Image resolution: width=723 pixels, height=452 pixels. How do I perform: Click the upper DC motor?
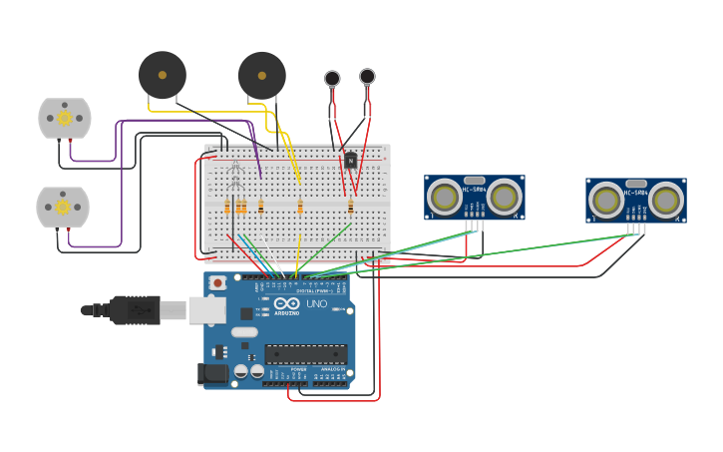(65, 118)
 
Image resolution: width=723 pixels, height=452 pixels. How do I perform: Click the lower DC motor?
(63, 207)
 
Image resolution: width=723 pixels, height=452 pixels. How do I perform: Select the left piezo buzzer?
(162, 75)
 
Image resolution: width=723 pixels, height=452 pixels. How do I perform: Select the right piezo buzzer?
(262, 76)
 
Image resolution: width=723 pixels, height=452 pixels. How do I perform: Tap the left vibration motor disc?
(332, 78)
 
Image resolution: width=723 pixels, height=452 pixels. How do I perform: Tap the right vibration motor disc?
(367, 76)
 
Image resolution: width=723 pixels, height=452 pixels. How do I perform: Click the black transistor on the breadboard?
(351, 160)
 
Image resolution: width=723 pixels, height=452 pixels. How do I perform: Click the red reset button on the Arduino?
(217, 283)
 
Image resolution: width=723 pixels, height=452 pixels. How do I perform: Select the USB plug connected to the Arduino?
(135, 310)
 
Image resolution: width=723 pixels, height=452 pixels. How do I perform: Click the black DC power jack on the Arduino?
(212, 374)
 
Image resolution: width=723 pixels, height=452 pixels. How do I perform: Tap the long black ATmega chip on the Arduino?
(305, 354)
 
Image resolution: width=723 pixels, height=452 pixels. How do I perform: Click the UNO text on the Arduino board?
(316, 303)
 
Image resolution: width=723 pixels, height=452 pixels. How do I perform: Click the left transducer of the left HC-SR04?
(445, 198)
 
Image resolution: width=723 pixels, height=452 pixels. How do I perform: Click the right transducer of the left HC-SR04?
(505, 198)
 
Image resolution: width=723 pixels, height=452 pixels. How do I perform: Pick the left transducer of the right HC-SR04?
(606, 200)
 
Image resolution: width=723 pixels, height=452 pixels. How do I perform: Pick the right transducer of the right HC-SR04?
(666, 200)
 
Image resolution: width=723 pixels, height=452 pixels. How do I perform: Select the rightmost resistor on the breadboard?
(350, 207)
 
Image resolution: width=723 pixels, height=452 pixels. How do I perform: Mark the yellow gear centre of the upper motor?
(65, 118)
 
